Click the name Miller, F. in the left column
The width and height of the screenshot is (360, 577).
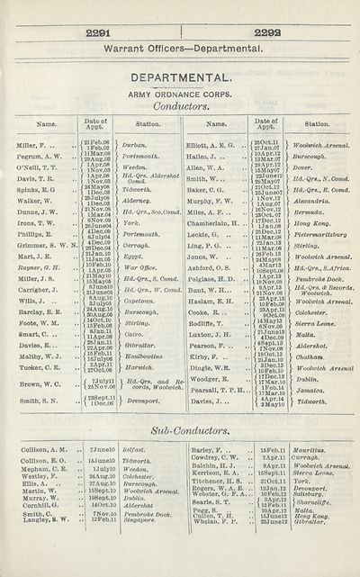(32, 146)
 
